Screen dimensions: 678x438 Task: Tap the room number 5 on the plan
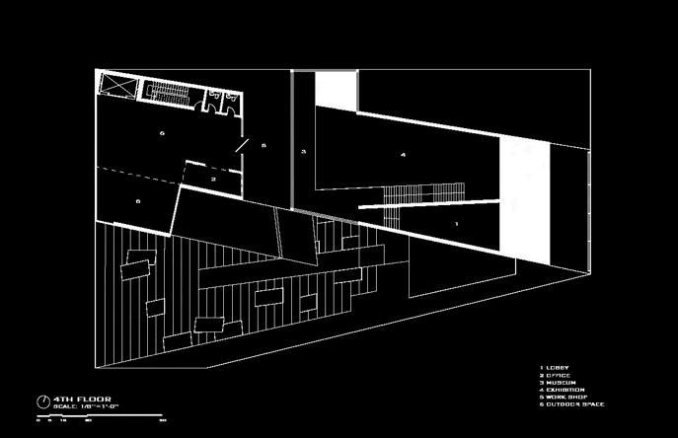tap(162, 131)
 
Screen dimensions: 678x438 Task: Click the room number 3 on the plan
tap(304, 151)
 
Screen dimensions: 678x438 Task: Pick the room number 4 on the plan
tap(403, 155)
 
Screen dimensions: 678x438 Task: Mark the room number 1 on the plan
tap(455, 225)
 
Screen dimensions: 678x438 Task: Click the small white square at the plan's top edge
tap(335, 92)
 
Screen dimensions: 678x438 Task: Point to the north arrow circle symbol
tap(43, 401)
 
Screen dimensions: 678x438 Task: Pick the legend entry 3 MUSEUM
tap(558, 383)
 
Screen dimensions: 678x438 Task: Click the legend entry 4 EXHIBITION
tap(563, 390)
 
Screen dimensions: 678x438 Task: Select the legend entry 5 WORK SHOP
tap(562, 398)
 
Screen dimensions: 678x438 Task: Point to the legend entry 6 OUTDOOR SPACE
tap(571, 404)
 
